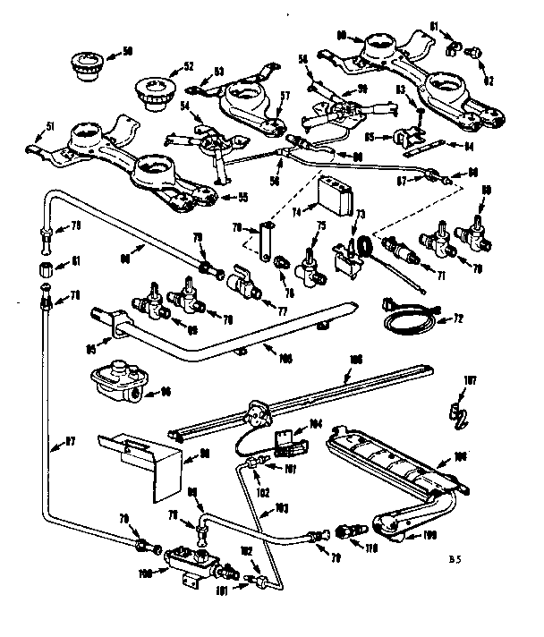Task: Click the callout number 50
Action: click(x=127, y=51)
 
